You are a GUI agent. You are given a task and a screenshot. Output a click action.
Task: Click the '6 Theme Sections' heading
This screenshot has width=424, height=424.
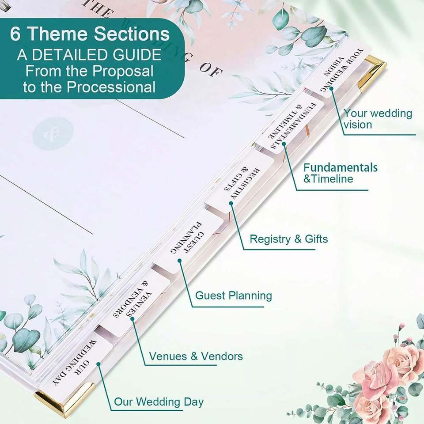click(90, 34)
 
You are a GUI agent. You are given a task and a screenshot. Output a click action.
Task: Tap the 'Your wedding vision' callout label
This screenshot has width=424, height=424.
click(378, 119)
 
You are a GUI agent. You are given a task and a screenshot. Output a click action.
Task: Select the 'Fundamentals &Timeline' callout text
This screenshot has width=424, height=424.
click(340, 173)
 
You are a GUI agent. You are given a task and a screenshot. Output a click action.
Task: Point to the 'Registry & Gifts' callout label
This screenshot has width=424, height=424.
click(288, 239)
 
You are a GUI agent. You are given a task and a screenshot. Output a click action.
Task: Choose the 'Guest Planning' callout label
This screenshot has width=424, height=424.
click(233, 295)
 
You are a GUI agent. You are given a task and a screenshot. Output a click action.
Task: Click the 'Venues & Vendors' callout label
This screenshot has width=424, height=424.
click(196, 356)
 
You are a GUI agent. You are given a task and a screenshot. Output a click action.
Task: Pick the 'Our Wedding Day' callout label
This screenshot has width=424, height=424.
click(159, 401)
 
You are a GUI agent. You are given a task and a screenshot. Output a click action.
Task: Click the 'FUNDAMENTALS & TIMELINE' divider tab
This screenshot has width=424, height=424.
click(292, 125)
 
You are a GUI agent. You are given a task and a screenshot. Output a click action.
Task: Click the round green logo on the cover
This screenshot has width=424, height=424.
click(53, 133)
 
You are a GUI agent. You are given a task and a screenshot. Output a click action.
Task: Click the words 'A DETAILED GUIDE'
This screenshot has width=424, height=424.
click(89, 55)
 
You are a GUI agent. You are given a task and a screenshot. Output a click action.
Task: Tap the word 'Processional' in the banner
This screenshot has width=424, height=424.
click(111, 87)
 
